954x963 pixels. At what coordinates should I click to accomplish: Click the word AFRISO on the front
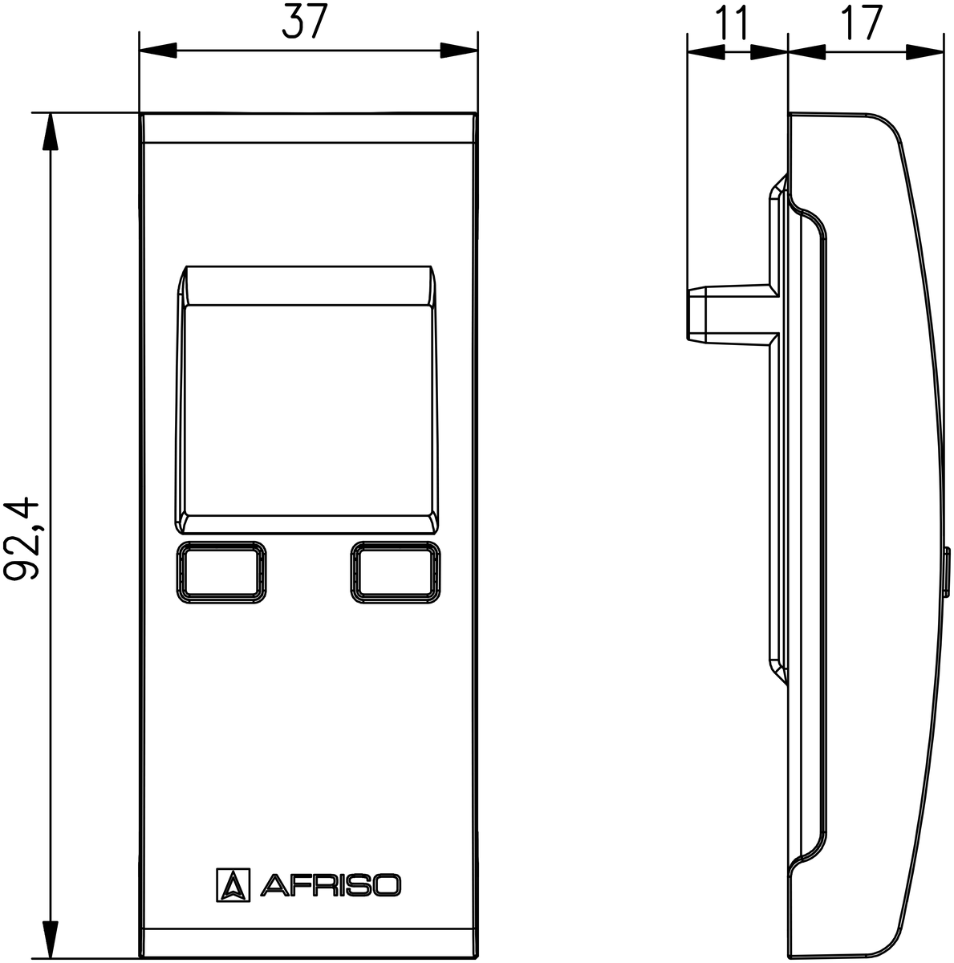[x=330, y=885]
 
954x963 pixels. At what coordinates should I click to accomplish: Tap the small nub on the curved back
[x=948, y=573]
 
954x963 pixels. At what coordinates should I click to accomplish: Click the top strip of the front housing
[x=308, y=128]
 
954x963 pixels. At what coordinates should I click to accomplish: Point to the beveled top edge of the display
[x=308, y=286]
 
